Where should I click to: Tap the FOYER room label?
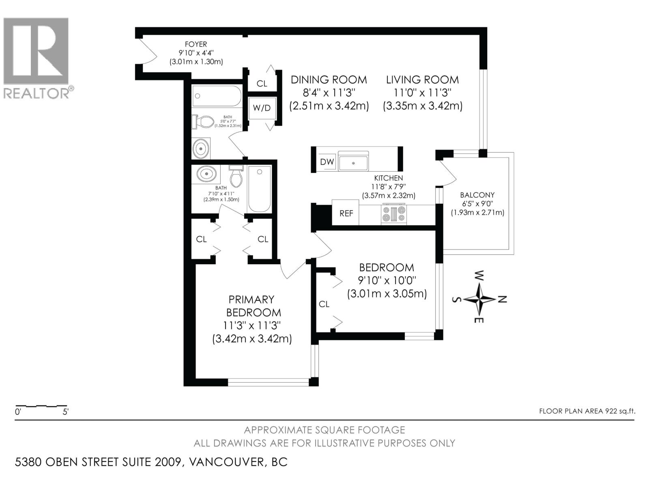[196, 44]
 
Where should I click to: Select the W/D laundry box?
[262, 108]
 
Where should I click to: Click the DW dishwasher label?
[327, 162]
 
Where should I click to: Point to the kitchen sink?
[353, 162]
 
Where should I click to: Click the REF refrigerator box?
[346, 213]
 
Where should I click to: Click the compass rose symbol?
[479, 299]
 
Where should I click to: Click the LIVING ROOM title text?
[422, 80]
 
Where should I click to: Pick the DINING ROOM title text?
[329, 80]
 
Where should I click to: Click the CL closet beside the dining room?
[262, 83]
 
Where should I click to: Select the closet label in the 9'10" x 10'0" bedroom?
[324, 304]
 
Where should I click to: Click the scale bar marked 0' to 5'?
[41, 406]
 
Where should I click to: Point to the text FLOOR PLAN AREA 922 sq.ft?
[587, 411]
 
